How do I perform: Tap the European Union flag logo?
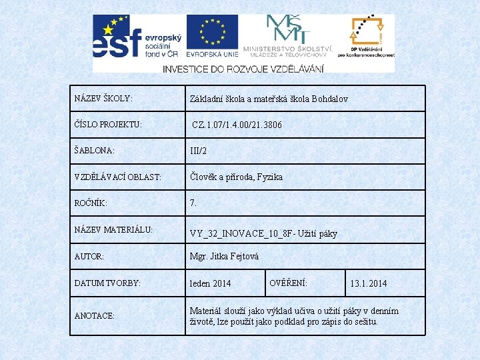(x=211, y=37)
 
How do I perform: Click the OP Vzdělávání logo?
(x=366, y=37)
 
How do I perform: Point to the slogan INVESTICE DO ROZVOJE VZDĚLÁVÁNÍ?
(x=243, y=69)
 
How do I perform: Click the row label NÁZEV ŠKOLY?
(x=103, y=99)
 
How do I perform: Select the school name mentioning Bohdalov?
(x=269, y=99)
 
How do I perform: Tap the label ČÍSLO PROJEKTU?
(x=108, y=125)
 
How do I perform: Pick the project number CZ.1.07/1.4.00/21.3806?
(x=237, y=125)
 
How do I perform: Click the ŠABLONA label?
(x=95, y=151)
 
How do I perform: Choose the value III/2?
(x=199, y=151)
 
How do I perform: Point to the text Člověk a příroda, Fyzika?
(x=236, y=177)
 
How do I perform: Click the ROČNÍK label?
(x=91, y=203)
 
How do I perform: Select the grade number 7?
(x=193, y=203)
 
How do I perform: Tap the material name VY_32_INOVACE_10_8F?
(x=263, y=233)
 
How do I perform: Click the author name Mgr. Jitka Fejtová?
(x=224, y=256)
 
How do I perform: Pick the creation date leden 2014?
(x=210, y=283)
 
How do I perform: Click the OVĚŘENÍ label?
(x=288, y=283)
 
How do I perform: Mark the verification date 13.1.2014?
(x=368, y=283)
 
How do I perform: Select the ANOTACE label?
(x=95, y=315)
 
